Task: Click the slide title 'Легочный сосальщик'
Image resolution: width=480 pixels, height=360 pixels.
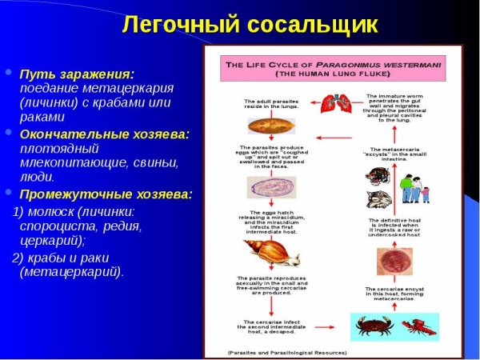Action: [249, 23]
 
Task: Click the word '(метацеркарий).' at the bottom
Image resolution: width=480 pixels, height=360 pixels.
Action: [71, 272]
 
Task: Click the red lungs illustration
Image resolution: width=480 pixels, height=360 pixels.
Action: [335, 103]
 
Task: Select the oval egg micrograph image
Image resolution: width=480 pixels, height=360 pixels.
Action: [270, 187]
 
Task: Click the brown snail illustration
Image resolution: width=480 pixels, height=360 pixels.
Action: [274, 254]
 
